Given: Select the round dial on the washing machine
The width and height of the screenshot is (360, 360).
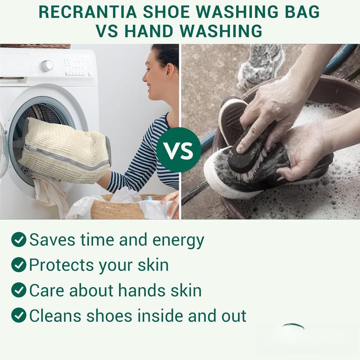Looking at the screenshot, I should click(47, 66).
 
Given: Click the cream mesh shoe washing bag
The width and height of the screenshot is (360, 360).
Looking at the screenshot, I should click(63, 148).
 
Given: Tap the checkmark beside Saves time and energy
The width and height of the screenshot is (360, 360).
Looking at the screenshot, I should click(18, 240).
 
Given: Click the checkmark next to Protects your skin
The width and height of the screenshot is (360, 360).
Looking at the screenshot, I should click(18, 265).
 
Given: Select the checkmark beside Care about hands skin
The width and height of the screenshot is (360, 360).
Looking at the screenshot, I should click(18, 290).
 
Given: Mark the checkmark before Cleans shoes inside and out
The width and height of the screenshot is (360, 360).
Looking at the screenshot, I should click(18, 315).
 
